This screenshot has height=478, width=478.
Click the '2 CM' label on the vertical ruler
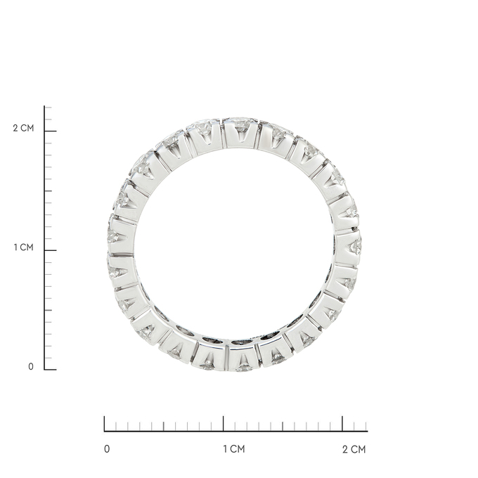23,128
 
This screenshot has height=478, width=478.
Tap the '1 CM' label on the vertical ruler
23,247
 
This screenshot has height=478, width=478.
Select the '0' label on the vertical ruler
31,366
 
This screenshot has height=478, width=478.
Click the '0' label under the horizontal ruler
107,449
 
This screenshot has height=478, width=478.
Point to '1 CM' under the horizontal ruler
234,449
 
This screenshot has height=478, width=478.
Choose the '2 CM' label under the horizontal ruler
354,449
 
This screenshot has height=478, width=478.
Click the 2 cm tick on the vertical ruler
51,131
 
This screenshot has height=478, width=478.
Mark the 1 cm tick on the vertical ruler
51,250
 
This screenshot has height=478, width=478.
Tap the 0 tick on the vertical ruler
51,370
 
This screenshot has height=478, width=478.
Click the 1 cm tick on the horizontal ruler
223,424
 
